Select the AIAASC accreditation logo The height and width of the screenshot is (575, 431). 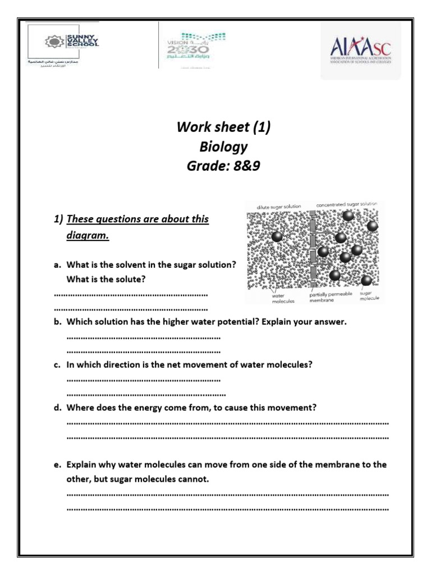360,52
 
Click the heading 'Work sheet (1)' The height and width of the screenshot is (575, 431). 223,127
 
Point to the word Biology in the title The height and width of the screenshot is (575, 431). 223,147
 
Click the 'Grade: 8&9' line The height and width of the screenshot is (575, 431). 223,167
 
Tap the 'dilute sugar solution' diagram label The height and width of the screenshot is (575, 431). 279,207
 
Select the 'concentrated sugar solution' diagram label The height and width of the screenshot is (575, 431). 346,204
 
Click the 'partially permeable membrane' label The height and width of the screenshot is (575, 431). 331,296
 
